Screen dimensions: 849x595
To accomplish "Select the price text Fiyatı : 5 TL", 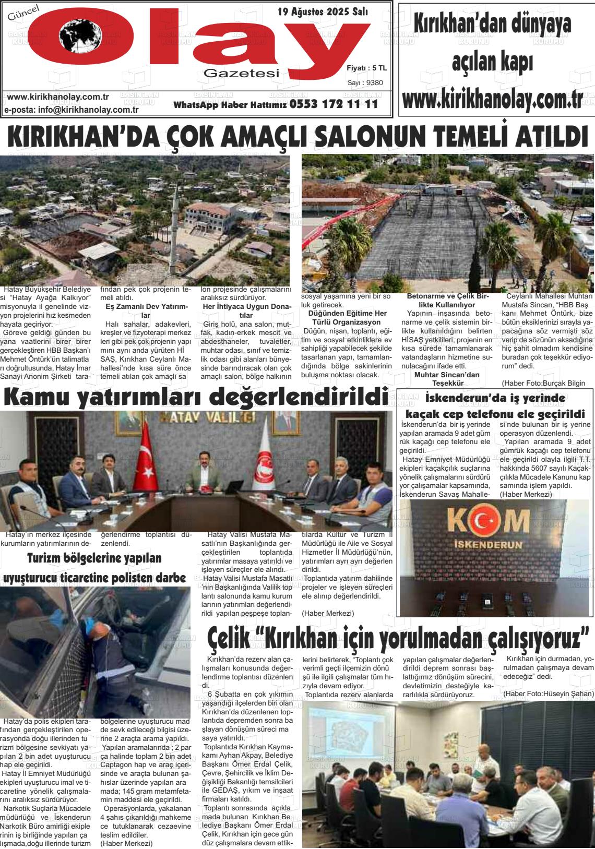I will (366, 68).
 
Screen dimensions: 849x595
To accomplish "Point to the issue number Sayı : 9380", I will (365, 82).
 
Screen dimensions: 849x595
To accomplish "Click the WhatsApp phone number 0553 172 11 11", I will (333, 104).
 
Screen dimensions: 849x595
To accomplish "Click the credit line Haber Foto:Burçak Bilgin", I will (543, 383).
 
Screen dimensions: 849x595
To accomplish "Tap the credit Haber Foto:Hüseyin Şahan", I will (548, 693).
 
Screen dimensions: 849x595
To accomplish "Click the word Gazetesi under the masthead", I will (241, 74).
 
